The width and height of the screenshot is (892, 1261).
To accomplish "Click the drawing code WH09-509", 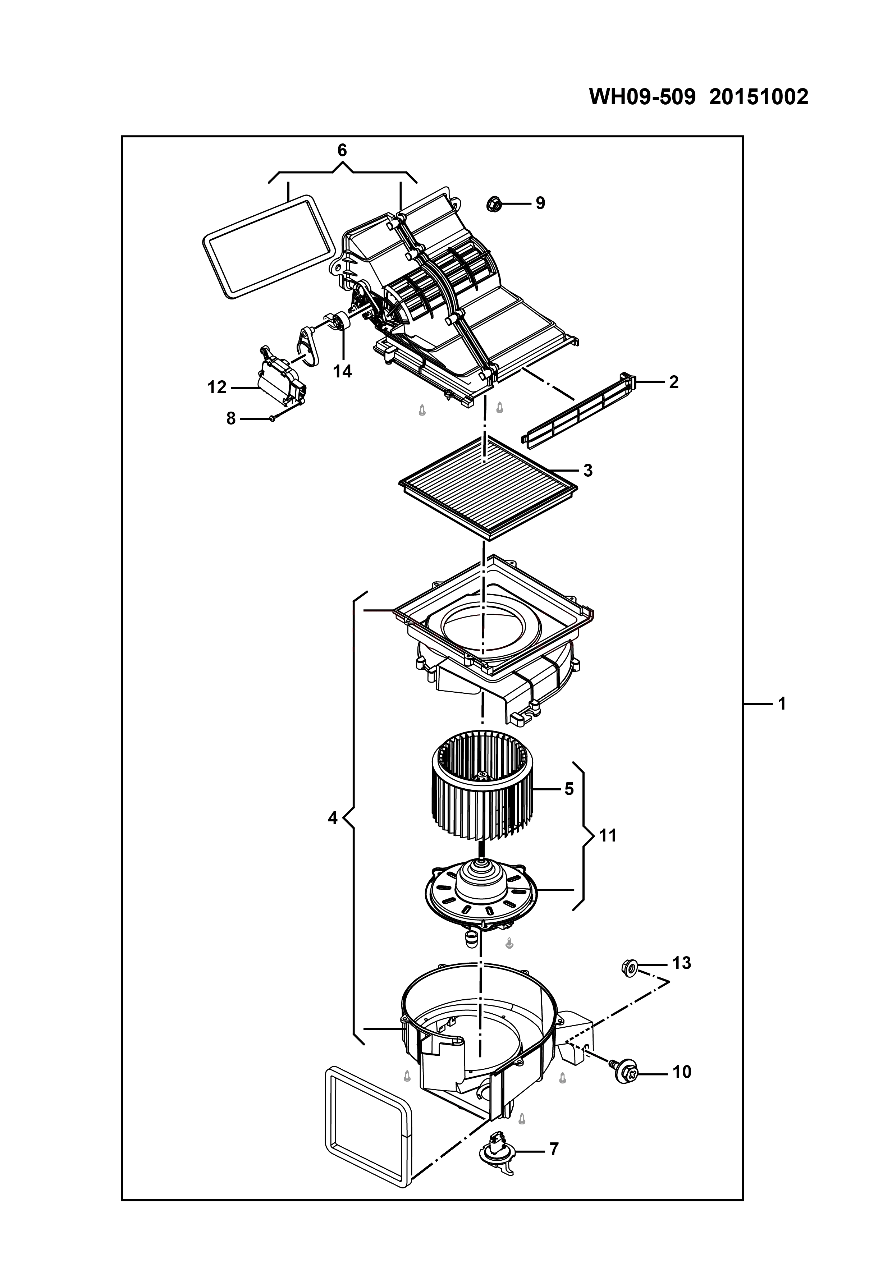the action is [x=642, y=97].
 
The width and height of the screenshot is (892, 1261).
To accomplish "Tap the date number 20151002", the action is [x=759, y=97].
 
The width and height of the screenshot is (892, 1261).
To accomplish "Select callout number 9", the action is [x=540, y=203].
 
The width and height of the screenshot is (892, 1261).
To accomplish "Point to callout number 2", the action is [x=673, y=382].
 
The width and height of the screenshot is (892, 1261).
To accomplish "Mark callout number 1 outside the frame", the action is [x=782, y=703].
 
